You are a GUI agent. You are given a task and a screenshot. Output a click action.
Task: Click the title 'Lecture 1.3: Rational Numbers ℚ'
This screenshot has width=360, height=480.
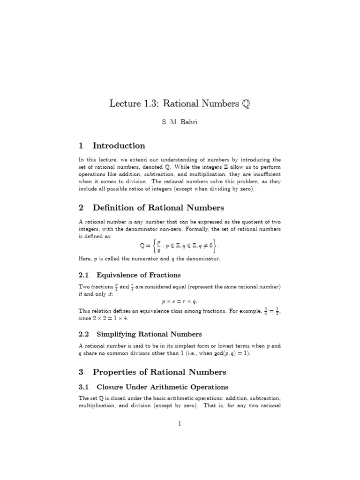(x=180, y=104)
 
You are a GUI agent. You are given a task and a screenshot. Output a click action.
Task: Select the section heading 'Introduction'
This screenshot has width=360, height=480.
(x=119, y=146)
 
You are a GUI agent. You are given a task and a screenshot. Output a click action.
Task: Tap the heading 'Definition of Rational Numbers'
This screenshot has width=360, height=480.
(x=158, y=208)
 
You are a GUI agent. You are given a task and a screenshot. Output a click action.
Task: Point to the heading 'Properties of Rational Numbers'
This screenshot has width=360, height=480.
(x=159, y=372)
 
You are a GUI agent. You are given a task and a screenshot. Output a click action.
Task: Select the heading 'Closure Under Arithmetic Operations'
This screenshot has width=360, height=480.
(x=162, y=387)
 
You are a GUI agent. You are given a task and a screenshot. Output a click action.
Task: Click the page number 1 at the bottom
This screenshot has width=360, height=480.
(x=180, y=424)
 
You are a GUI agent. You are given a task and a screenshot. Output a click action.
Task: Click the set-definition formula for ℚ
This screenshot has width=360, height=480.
(x=180, y=246)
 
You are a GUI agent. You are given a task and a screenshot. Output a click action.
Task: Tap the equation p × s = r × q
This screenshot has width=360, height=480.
(x=180, y=302)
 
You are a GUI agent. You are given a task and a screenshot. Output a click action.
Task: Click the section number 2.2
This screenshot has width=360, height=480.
(x=84, y=334)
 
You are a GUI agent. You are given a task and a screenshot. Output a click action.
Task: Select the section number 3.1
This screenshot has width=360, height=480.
(x=84, y=387)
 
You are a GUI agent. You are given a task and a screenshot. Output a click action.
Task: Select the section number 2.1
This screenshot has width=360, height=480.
(x=84, y=275)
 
